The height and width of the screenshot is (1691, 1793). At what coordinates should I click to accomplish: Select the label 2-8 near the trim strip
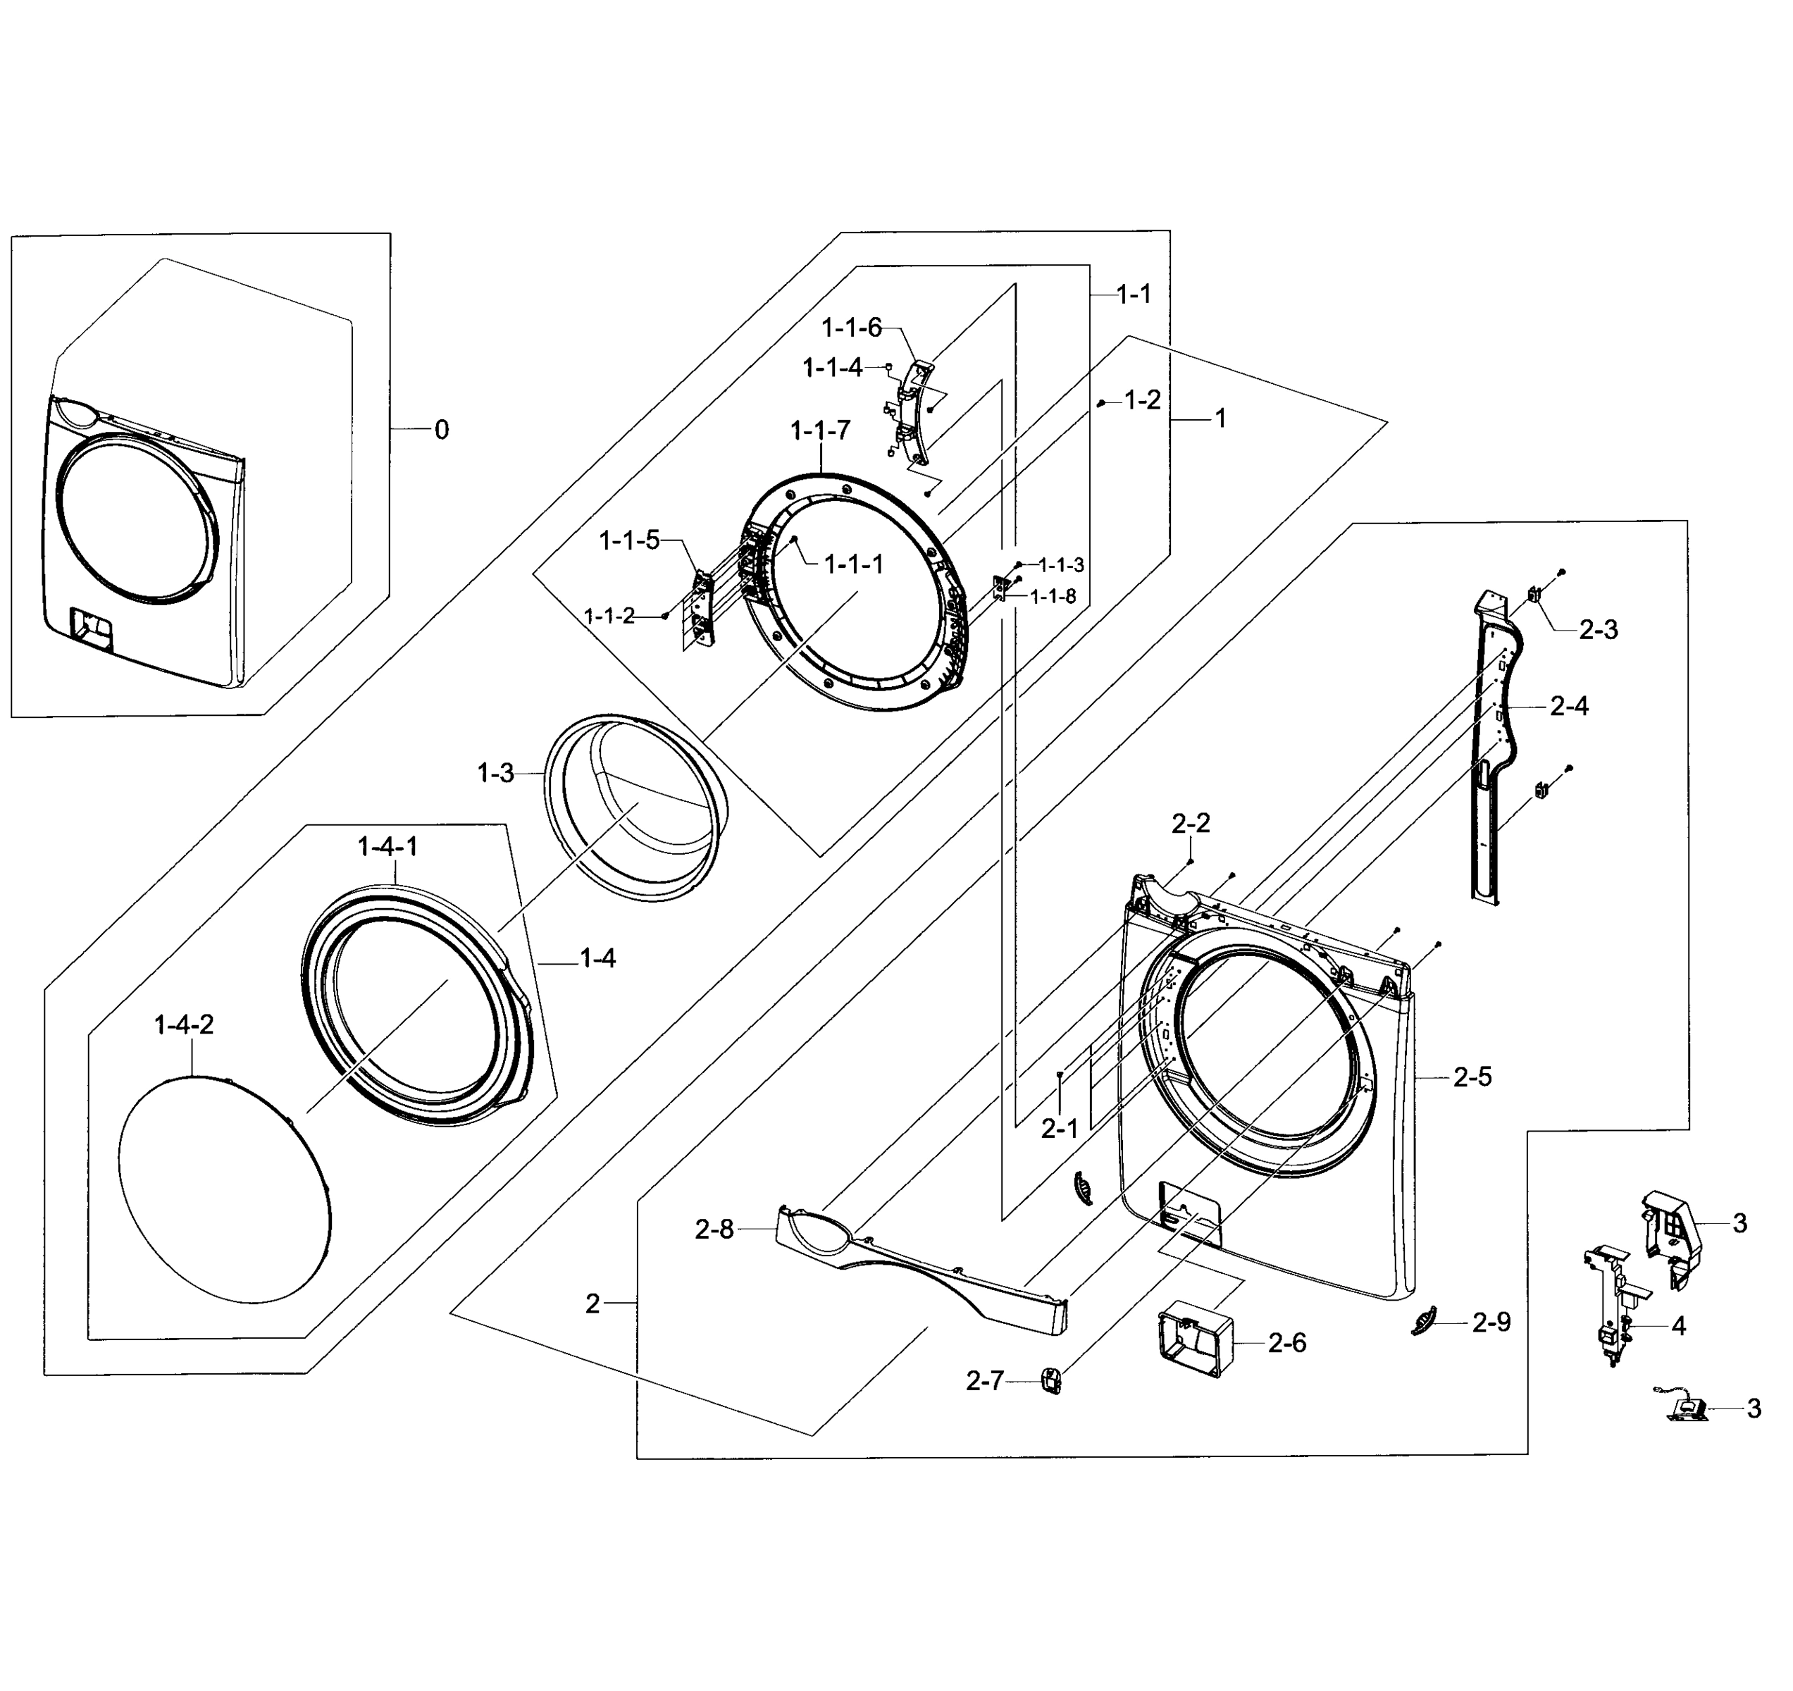(x=714, y=1229)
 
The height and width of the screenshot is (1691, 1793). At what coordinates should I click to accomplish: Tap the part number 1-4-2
(x=184, y=1024)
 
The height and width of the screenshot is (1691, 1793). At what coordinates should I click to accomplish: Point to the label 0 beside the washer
(x=441, y=431)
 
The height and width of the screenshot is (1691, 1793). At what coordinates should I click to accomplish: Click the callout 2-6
(x=1286, y=1343)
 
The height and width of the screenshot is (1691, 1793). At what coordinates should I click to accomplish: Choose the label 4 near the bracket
(x=1677, y=1326)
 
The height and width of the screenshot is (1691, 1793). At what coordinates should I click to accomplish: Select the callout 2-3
(x=1597, y=629)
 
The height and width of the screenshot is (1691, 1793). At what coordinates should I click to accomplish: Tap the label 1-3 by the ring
(x=495, y=773)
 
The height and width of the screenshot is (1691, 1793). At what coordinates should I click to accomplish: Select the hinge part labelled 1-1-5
(x=700, y=606)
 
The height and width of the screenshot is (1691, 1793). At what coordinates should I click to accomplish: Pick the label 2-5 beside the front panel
(x=1472, y=1077)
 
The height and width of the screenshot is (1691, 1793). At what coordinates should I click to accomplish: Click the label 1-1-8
(x=1052, y=596)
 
